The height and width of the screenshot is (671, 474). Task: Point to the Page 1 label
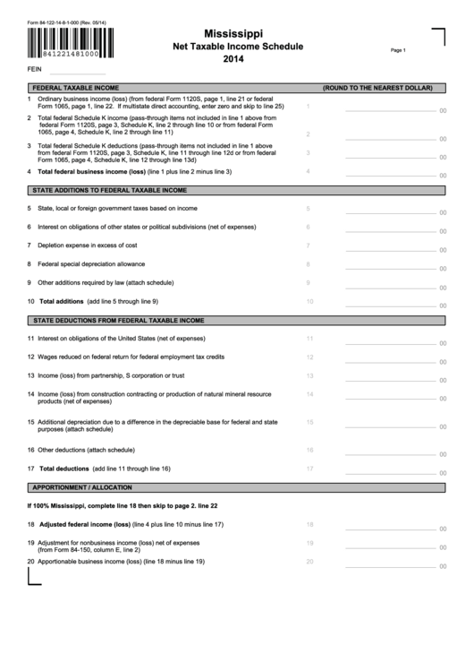pos(398,51)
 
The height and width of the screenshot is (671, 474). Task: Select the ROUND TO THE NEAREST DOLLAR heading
pos(378,89)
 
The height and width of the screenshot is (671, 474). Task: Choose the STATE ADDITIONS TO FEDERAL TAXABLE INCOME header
pos(110,191)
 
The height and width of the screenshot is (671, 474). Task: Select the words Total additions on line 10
pos(62,301)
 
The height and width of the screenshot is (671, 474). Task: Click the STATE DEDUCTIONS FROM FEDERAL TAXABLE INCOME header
pos(119,320)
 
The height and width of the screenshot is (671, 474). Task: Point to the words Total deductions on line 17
pos(64,469)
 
